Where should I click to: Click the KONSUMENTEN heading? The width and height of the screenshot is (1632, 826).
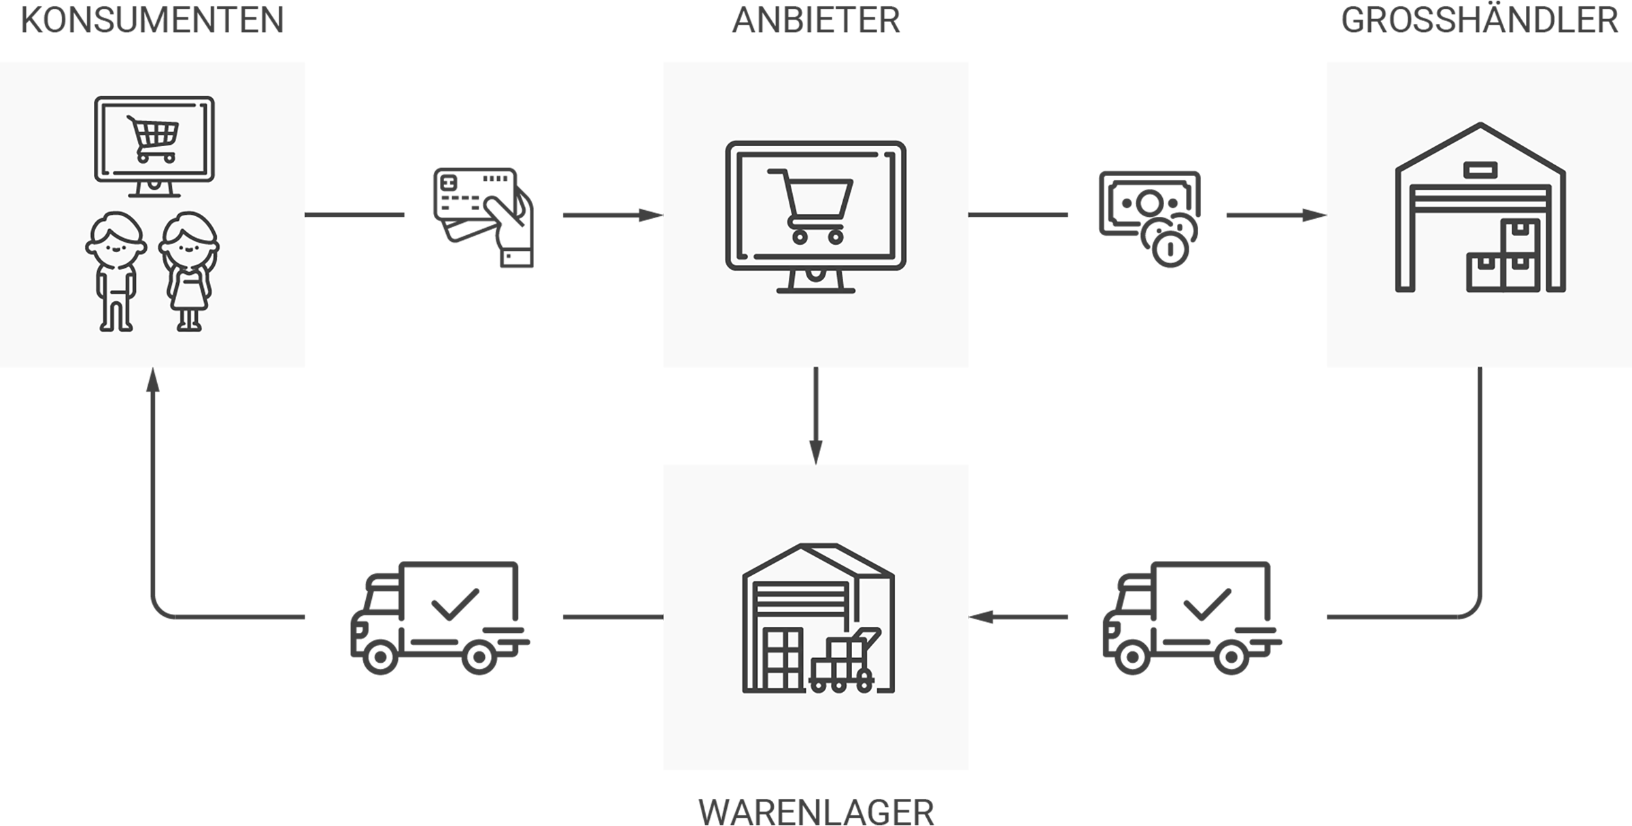pos(152,20)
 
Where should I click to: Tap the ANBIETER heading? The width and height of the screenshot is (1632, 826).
pos(816,20)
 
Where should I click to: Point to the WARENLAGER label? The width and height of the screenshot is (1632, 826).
pos(816,811)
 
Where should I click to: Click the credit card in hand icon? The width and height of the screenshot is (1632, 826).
pos(483,217)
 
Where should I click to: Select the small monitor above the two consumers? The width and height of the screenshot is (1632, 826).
pos(154,146)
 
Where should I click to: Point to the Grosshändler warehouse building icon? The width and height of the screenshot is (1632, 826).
pos(1480,207)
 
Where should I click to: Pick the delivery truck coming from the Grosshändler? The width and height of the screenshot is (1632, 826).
pos(1192,617)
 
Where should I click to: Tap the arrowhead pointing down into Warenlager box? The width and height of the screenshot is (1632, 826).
pos(816,453)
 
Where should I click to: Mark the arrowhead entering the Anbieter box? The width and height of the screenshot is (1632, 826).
pos(651,216)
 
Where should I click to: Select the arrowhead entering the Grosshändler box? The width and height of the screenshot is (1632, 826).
pos(1314,216)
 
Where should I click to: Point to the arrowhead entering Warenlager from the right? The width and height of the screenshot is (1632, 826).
pos(981,617)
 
